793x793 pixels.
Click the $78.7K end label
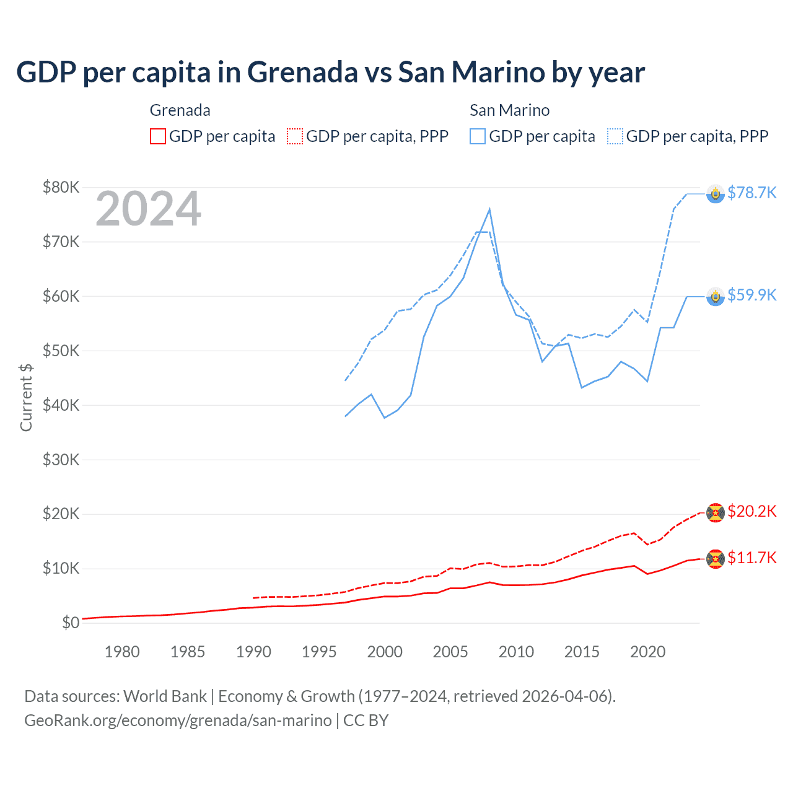pos(751,193)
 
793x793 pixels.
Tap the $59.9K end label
pos(751,295)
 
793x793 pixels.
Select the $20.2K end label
pos(751,511)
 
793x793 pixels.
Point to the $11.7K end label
pos(751,558)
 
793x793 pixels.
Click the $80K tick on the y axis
pos(61,187)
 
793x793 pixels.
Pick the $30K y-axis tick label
pos(61,460)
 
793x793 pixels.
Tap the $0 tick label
pos(70,623)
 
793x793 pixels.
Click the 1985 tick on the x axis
pos(188,652)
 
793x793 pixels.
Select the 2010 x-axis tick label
pos(516,652)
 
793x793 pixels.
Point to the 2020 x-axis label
pos(647,652)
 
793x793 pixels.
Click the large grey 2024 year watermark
pos(148,209)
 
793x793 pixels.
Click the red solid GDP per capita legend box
pos(158,136)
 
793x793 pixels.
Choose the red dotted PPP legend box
pos(295,136)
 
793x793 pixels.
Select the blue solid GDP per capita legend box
pos(478,136)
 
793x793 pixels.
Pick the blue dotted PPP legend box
pos(615,136)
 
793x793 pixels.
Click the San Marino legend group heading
pos(509,110)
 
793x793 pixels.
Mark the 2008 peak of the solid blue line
pos(489,209)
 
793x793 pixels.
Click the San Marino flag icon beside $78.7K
pos(716,194)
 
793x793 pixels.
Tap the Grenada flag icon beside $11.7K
pos(716,559)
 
